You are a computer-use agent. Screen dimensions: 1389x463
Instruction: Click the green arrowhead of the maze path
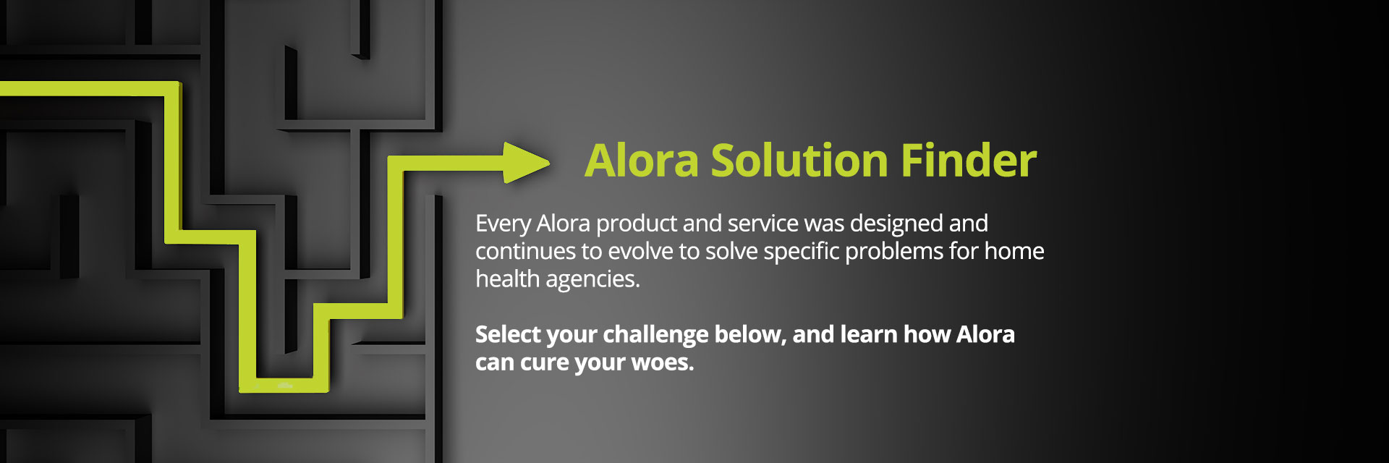coord(524,163)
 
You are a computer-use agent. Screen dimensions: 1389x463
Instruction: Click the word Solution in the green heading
coord(799,160)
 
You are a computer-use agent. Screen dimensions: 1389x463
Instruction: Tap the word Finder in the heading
coord(969,160)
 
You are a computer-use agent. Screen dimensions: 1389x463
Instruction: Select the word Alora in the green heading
coord(642,160)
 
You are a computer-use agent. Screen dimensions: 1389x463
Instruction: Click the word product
coord(637,224)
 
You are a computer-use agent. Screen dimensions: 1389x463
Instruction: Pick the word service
coord(763,223)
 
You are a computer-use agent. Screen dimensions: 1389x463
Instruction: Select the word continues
coord(526,251)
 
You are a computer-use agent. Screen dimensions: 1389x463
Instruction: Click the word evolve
coord(640,251)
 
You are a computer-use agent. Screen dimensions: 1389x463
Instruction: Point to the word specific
coord(802,252)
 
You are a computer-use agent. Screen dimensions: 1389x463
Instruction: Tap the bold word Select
coord(508,334)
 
